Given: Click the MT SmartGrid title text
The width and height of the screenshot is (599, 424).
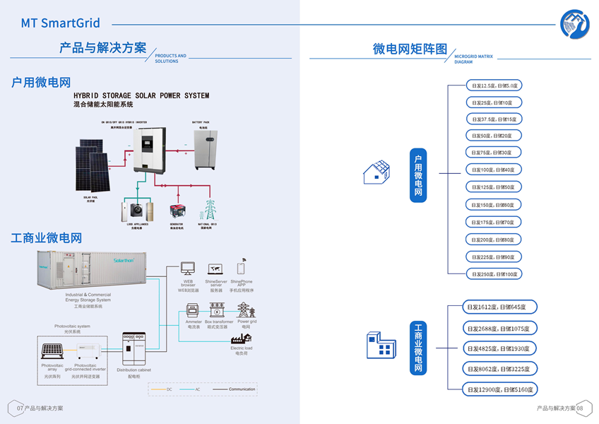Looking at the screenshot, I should pos(60,23).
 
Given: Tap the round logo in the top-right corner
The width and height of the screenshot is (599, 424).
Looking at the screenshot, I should pos(574,23).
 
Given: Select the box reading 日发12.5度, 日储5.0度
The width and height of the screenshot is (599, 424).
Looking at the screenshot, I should pos(494,85).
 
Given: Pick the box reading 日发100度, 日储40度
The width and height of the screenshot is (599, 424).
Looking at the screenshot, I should pos(494,170).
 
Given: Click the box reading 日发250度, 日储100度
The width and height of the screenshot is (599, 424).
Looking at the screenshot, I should pos(494,273).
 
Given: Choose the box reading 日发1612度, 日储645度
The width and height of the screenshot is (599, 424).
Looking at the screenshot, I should pos(500,307).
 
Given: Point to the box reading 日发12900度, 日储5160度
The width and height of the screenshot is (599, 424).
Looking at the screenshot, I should pos(500,389).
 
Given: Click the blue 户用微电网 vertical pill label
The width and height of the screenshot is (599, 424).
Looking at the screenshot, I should pos(418,175).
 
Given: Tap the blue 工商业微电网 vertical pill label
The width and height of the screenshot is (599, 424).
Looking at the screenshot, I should pos(418,349).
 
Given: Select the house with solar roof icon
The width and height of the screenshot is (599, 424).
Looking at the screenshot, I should pos(376,172).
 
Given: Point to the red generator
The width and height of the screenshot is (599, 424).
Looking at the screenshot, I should pos(177,211).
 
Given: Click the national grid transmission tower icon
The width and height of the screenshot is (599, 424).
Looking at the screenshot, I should pos(209,210).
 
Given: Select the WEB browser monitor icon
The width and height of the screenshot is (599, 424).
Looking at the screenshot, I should pos(188,269).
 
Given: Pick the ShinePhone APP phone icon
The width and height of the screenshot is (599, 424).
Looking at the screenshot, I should pos(241,268).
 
